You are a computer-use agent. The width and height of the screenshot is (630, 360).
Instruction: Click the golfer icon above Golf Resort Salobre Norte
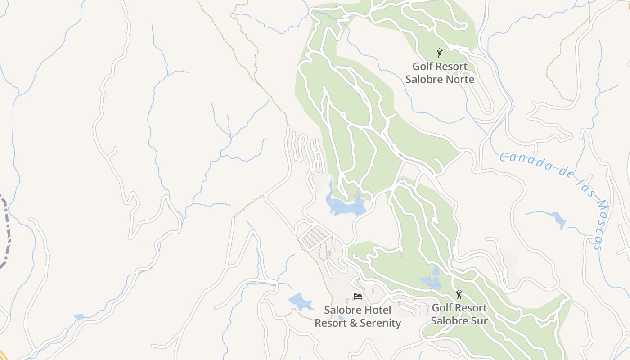click(440, 53)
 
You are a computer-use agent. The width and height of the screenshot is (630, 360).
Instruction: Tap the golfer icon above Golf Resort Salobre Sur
click(459, 294)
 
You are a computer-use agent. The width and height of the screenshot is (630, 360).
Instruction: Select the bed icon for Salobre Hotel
click(358, 297)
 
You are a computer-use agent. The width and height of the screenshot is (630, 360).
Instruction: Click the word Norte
click(458, 79)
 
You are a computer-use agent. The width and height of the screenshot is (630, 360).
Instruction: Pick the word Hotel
click(376, 310)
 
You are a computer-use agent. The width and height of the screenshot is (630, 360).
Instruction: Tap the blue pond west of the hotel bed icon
click(301, 301)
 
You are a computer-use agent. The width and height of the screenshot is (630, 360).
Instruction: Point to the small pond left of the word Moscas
click(559, 220)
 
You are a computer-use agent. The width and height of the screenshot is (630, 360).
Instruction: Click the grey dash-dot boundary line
click(6, 234)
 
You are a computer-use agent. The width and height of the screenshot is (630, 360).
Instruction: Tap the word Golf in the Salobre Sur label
click(441, 308)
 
